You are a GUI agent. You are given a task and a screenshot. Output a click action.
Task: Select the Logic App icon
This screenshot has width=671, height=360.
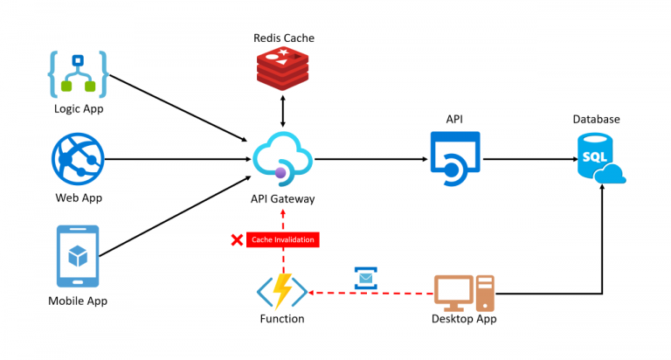(78, 73)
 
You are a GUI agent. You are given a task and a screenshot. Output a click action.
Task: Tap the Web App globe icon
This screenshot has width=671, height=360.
(78, 159)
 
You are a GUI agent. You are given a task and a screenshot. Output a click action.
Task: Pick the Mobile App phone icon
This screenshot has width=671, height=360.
(78, 256)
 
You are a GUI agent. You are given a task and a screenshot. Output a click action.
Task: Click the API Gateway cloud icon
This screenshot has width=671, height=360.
(283, 156)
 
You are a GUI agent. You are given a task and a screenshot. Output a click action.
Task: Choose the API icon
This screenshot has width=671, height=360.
(454, 158)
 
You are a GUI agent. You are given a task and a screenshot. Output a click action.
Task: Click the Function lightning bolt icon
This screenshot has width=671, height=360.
(281, 291)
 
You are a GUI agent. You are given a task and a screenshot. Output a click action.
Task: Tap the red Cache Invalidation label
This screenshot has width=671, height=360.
(281, 239)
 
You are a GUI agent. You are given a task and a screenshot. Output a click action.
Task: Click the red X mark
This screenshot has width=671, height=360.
(236, 239)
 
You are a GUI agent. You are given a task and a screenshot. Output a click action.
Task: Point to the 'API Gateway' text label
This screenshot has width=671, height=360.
(282, 199)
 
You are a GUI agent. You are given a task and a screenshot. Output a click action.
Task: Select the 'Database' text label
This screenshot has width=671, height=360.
(596, 119)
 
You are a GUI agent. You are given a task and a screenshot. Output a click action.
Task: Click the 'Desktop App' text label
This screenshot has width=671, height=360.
(464, 319)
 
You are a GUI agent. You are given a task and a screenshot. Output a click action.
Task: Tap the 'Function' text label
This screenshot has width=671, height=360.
(281, 319)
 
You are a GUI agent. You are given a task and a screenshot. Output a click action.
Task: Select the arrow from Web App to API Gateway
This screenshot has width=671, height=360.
(175, 159)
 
